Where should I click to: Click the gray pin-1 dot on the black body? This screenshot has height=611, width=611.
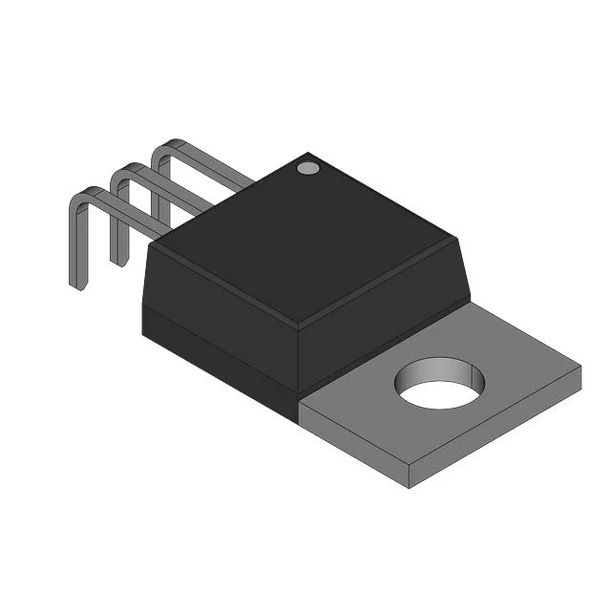click(307, 169)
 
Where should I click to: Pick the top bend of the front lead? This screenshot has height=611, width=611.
click(80, 195)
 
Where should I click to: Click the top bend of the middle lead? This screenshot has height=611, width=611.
click(121, 172)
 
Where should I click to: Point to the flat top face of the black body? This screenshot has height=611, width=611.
click(305, 239)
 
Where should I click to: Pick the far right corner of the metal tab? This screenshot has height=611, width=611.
click(579, 367)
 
